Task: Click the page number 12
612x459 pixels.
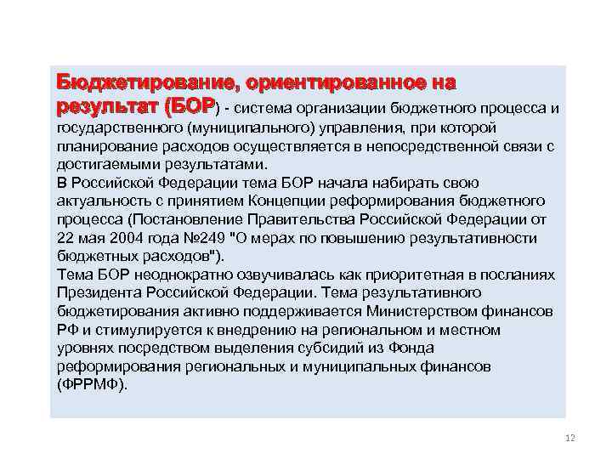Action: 569,438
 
